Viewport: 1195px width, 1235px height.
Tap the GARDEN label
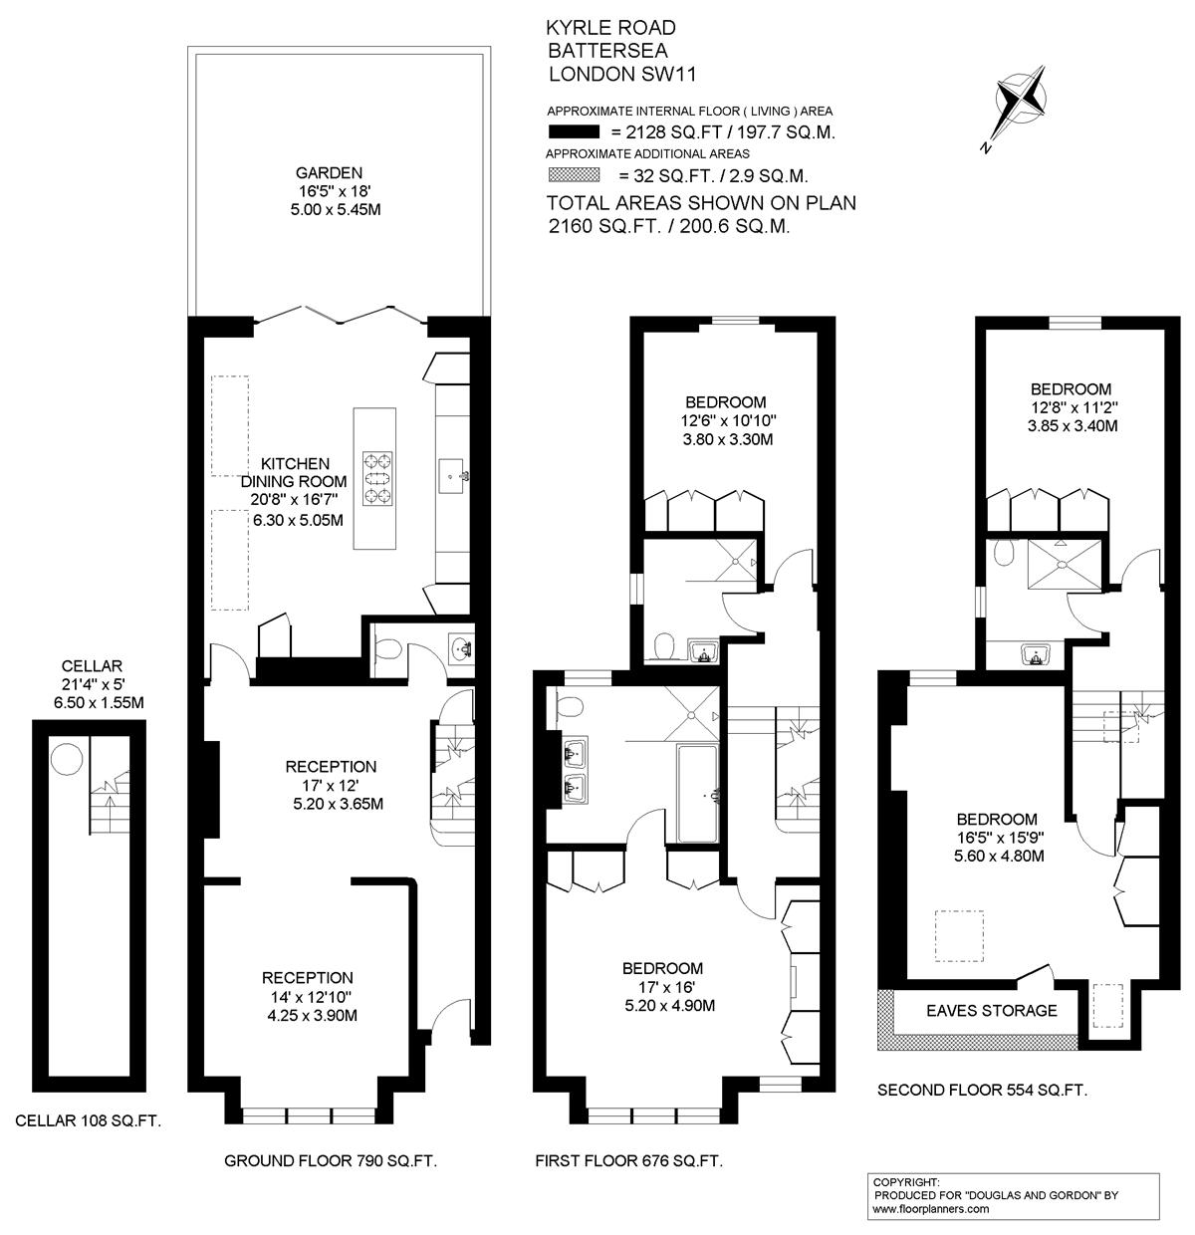click(329, 172)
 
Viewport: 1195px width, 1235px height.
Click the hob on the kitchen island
click(377, 478)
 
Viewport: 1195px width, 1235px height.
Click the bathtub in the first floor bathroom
click(697, 794)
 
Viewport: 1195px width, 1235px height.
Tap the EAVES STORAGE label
click(991, 1011)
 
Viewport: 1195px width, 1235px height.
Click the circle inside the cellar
click(67, 758)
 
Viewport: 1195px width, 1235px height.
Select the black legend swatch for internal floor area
click(574, 132)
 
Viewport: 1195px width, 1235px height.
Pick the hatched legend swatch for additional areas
click(574, 174)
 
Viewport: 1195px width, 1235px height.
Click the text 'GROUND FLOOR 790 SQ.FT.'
click(331, 1160)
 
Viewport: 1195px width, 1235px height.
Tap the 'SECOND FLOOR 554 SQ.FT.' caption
click(983, 1091)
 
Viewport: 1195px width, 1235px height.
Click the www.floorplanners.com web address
click(930, 1209)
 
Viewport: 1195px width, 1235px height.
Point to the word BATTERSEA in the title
click(607, 50)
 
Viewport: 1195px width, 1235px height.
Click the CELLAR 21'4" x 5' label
click(92, 674)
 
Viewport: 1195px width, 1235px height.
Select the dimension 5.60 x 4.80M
click(999, 856)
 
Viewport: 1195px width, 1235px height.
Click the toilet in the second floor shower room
click(1004, 552)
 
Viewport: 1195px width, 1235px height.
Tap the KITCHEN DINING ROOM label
click(294, 472)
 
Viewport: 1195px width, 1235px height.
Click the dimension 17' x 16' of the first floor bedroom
click(666, 987)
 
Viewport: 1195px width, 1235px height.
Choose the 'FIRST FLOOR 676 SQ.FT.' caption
click(629, 1160)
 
